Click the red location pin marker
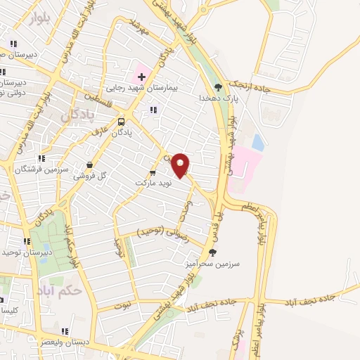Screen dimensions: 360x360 pyautogui.click(x=181, y=165)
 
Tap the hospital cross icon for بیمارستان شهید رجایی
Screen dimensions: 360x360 pyautogui.click(x=141, y=77)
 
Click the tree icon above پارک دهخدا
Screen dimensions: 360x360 pyautogui.click(x=219, y=87)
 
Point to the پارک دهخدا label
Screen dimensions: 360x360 pyautogui.click(x=215, y=98)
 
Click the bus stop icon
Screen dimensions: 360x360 pyautogui.click(x=122, y=120)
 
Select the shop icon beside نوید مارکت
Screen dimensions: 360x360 pyautogui.click(x=153, y=172)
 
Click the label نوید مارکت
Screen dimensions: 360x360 pyautogui.click(x=153, y=183)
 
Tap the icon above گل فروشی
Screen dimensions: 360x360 pyautogui.click(x=89, y=165)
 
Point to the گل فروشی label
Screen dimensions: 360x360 pyautogui.click(x=89, y=176)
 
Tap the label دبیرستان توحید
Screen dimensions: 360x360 pyautogui.click(x=25, y=252)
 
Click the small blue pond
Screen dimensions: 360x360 pyautogui.click(x=258, y=143)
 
